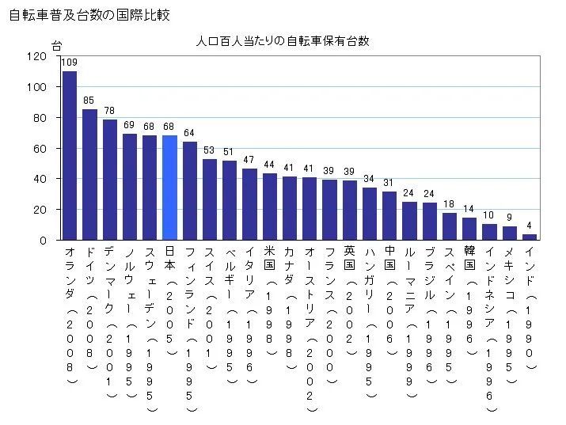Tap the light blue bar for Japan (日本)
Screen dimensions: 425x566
click(169, 188)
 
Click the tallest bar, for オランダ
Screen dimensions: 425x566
click(70, 156)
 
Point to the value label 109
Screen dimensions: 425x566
click(70, 63)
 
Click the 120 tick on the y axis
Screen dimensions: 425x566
click(36, 56)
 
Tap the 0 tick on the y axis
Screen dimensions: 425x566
click(43, 241)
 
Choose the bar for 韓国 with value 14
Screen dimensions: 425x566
click(469, 229)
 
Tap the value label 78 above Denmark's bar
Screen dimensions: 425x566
click(109, 110)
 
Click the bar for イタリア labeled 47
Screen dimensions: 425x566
click(249, 204)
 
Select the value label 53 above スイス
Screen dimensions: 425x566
click(210, 150)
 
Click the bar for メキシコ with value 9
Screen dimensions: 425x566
click(510, 233)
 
